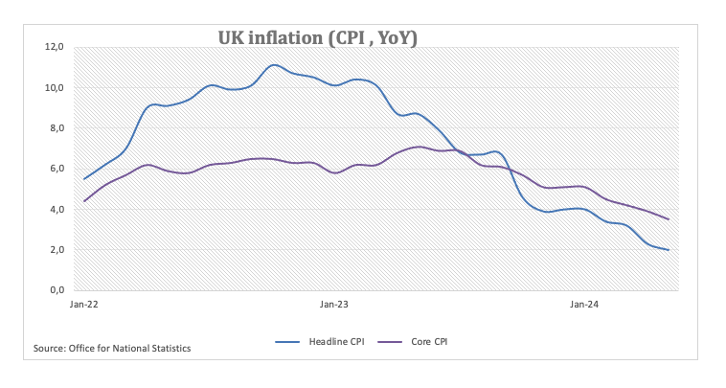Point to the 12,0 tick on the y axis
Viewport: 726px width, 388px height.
(54, 47)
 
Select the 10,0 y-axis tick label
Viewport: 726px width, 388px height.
(54, 88)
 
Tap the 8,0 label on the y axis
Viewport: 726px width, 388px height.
(56, 128)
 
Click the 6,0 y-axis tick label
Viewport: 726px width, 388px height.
(56, 169)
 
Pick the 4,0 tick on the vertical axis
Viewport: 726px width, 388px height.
(56, 209)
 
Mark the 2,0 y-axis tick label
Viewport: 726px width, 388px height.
(56, 250)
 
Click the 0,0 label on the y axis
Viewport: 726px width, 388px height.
(56, 290)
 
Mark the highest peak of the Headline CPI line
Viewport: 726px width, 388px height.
(274, 65)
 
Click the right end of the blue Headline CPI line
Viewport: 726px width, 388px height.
(668, 249)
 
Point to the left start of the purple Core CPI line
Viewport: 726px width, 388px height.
(84, 201)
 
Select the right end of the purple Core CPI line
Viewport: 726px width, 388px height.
(668, 219)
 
